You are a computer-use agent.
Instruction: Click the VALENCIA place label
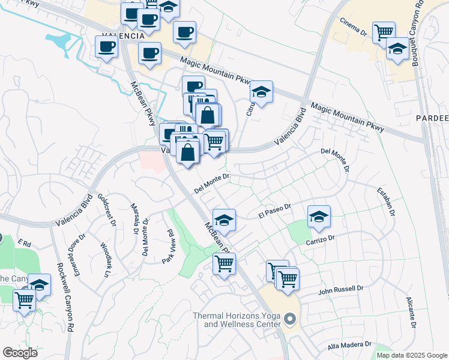coord(122,36)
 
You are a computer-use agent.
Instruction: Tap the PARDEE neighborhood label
coord(432,119)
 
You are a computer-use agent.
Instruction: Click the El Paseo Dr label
coord(274,211)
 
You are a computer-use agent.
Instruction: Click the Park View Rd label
coord(167,247)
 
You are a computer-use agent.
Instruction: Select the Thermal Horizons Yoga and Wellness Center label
coord(237,320)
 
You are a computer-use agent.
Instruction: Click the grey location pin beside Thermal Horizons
coord(291,319)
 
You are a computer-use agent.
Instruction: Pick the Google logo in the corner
coord(20,352)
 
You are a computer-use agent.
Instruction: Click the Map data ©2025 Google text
coord(411,355)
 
